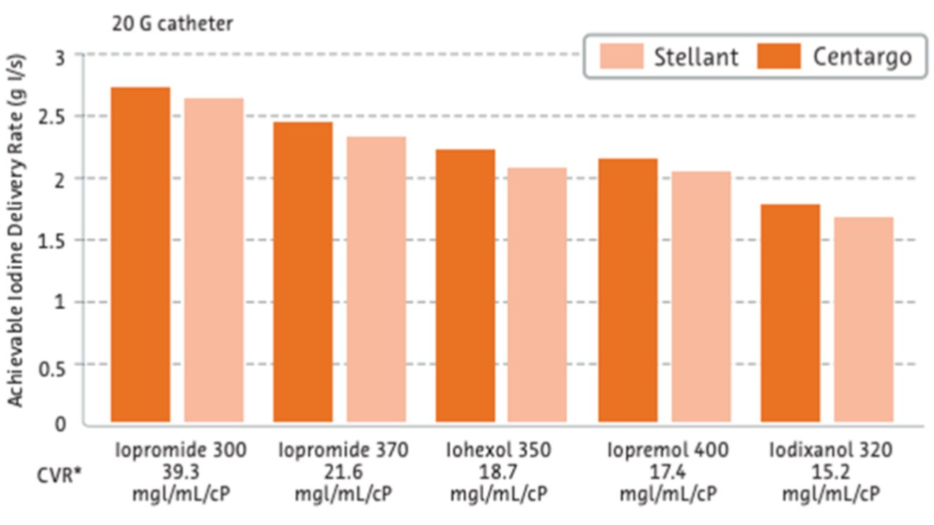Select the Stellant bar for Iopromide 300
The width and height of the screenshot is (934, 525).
[x=214, y=261]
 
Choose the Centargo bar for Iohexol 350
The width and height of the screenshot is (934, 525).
[x=465, y=286]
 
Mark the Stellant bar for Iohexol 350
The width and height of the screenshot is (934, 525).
[x=537, y=296]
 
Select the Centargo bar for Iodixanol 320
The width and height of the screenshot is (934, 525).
[x=790, y=315]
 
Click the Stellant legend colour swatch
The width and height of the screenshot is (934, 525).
[x=621, y=56]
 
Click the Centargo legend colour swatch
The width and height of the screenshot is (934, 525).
[x=779, y=56]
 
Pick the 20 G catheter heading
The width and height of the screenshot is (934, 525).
[x=172, y=24]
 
